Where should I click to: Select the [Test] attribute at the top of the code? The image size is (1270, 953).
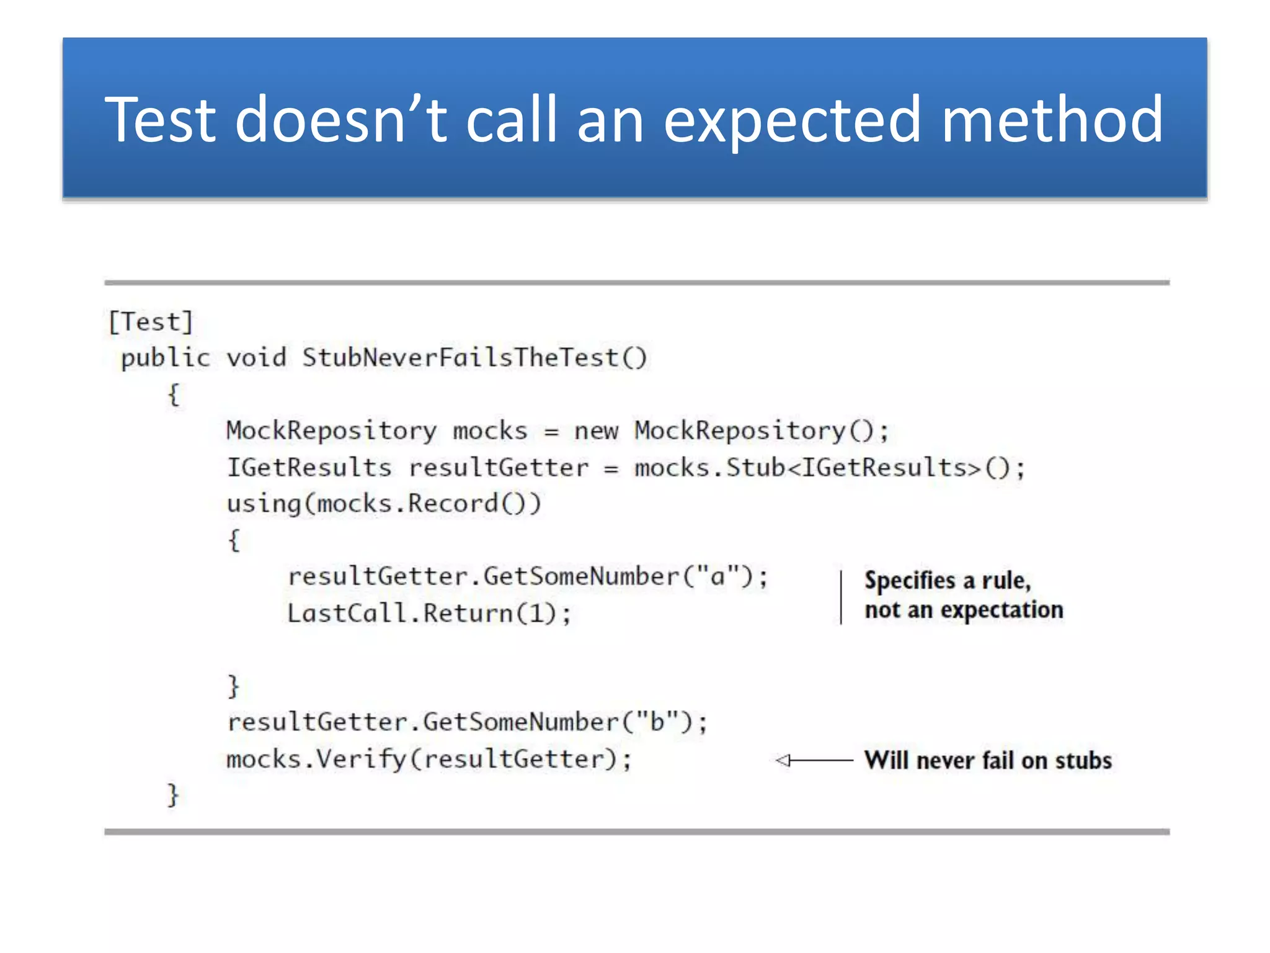tap(151, 322)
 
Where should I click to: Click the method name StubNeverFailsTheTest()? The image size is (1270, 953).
tap(474, 358)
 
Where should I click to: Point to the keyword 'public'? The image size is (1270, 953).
tap(166, 359)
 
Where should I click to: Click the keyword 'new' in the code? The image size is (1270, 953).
tap(596, 431)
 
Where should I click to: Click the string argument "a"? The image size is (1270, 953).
tap(718, 576)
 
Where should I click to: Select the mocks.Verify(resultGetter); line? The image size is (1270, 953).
tap(429, 759)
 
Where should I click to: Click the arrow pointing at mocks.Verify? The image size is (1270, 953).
tap(814, 760)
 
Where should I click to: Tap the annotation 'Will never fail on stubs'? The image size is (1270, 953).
tap(988, 761)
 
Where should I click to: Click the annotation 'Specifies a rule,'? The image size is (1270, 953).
tap(947, 581)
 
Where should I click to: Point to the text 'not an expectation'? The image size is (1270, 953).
tap(964, 610)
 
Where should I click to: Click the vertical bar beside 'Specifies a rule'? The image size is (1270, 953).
tap(841, 597)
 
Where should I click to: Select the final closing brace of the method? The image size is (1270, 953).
tap(173, 795)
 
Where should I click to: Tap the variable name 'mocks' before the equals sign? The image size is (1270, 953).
tap(490, 431)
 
